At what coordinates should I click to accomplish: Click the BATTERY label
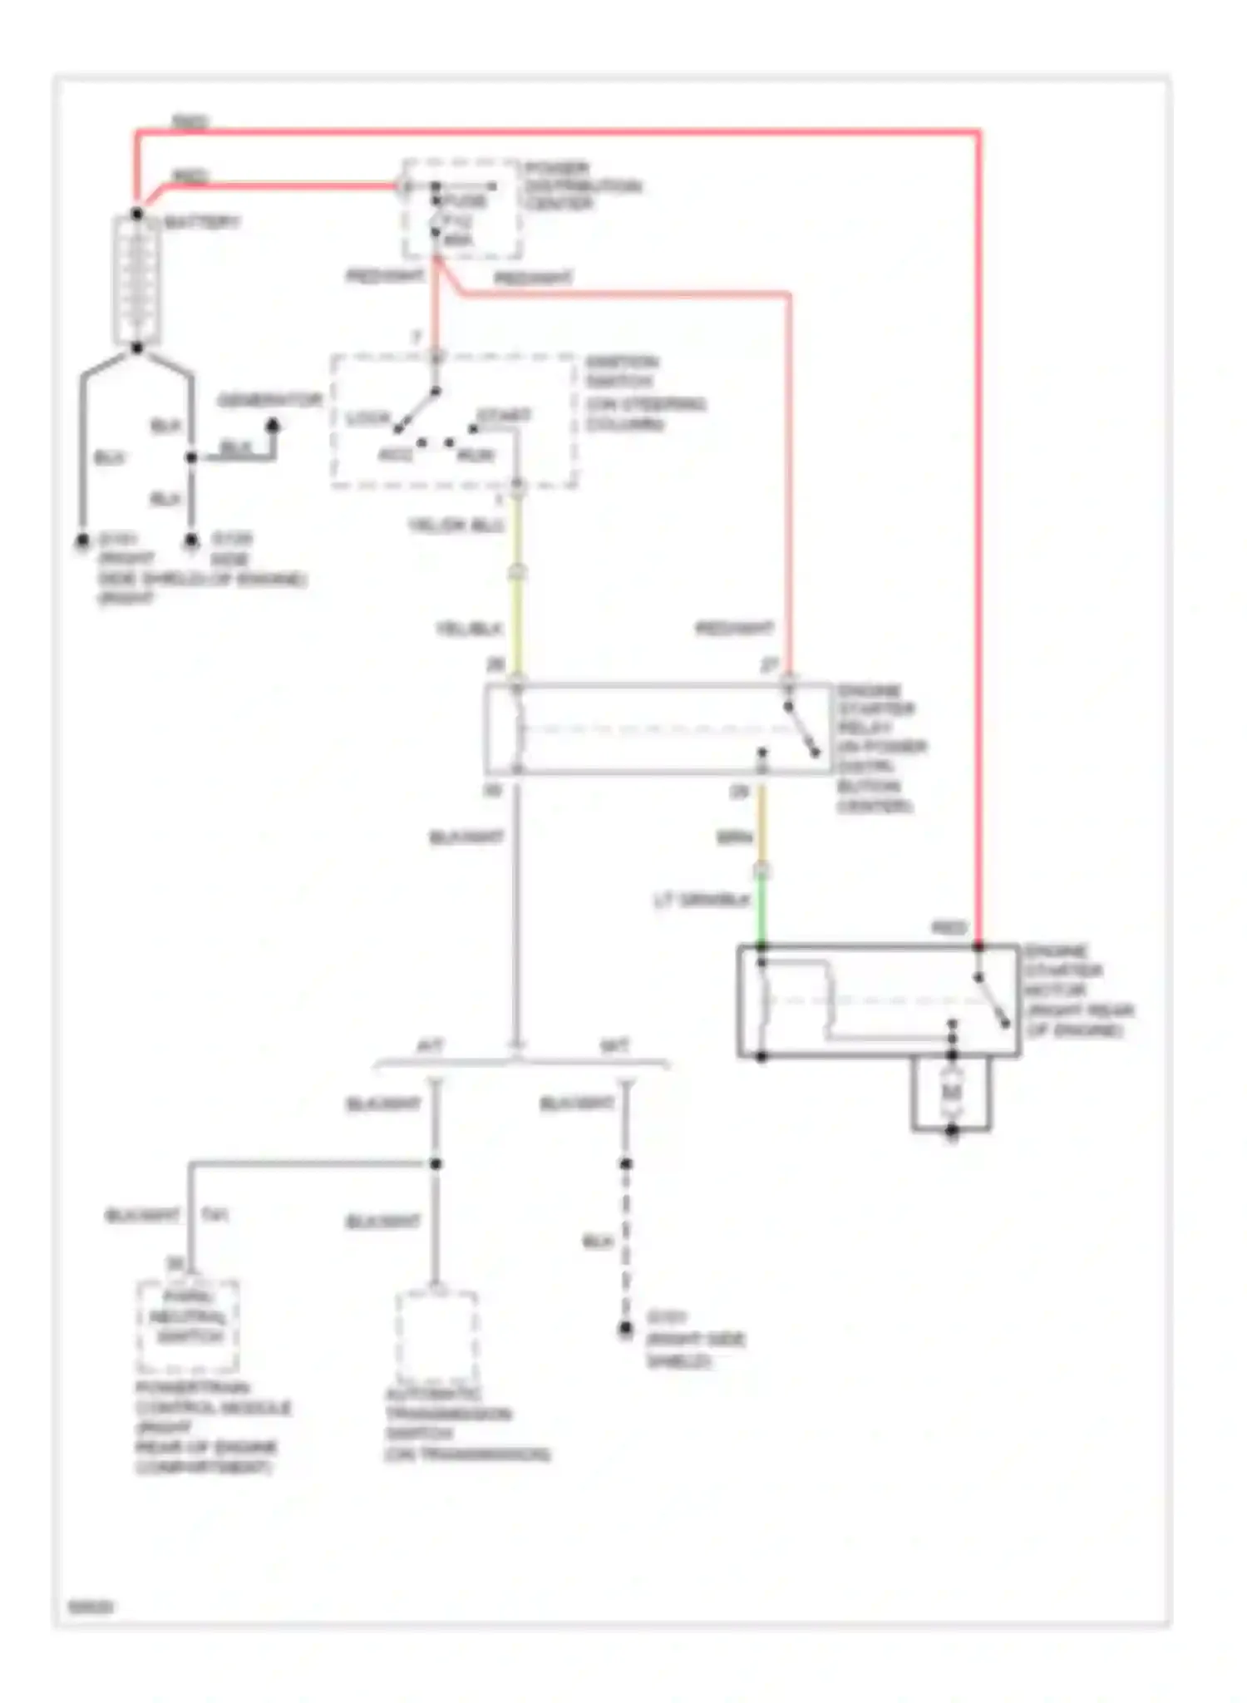pos(202,223)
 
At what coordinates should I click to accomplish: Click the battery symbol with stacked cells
pos(137,279)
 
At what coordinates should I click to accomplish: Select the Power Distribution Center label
pos(581,185)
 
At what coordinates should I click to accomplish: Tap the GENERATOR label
pos(269,401)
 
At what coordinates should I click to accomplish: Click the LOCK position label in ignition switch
pos(367,418)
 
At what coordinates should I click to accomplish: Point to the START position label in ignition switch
pos(504,415)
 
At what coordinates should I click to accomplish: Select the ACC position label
pos(396,455)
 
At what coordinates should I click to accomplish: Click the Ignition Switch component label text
pos(644,392)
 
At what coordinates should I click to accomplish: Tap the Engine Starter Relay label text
pos(879,747)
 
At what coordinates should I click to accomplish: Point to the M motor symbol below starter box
pos(951,1092)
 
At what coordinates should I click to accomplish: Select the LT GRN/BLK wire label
pos(702,900)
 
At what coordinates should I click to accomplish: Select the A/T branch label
pos(429,1045)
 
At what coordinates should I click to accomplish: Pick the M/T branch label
pos(614,1045)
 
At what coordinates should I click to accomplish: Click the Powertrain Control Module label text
pos(212,1426)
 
